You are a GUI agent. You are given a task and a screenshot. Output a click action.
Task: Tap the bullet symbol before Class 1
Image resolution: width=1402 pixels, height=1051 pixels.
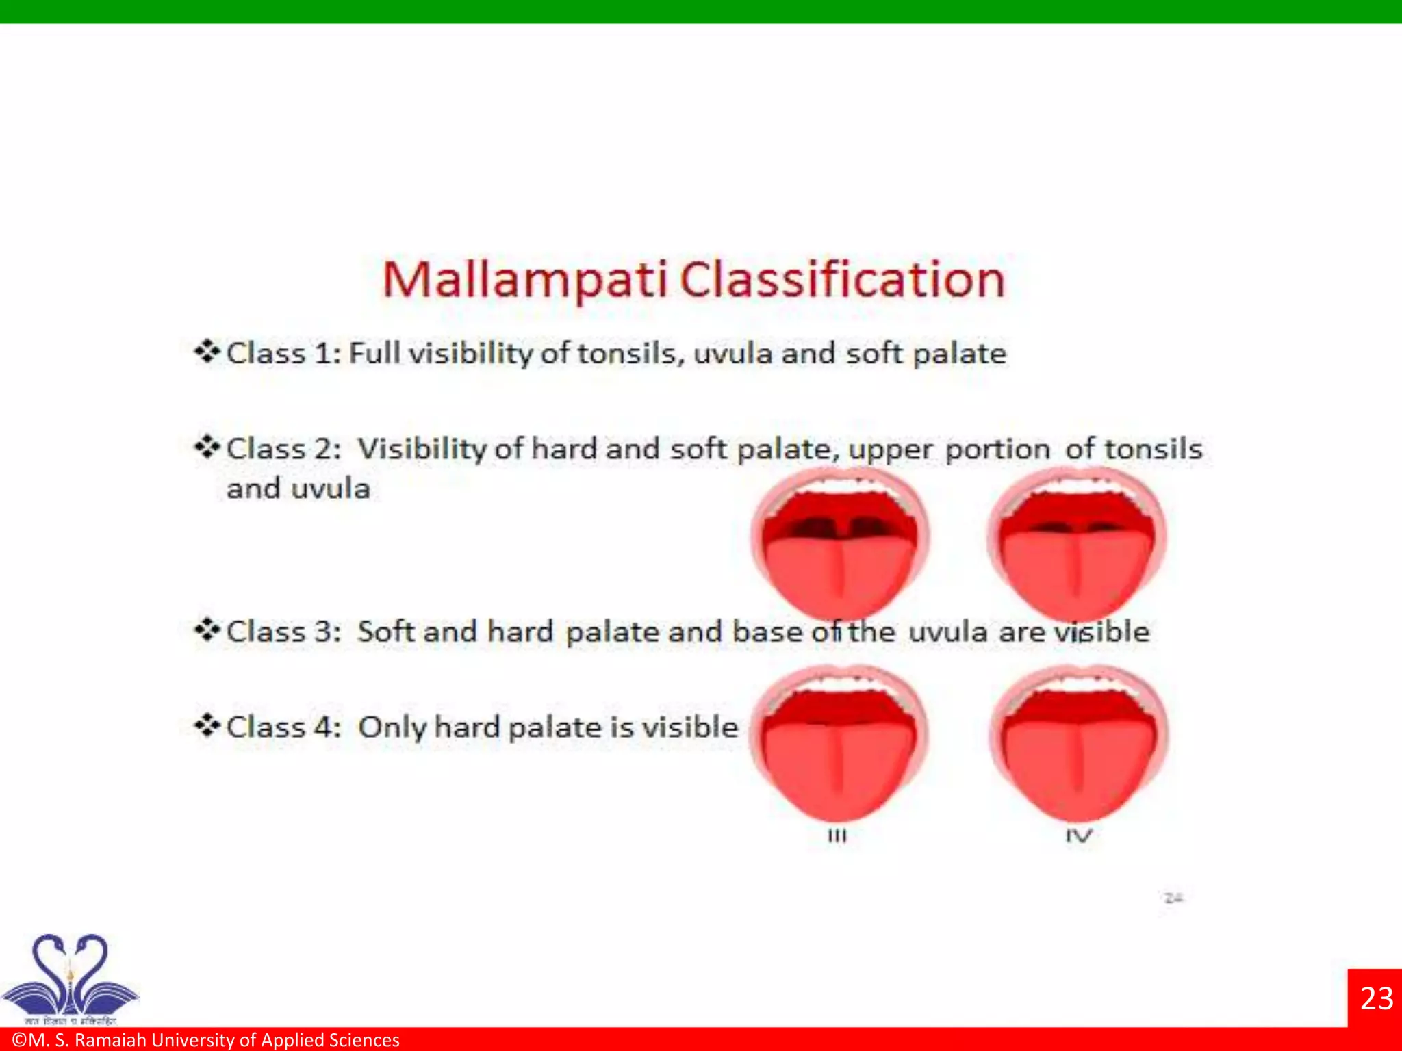click(x=206, y=352)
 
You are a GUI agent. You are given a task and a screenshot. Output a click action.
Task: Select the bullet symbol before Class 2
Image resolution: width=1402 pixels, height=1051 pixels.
click(x=206, y=448)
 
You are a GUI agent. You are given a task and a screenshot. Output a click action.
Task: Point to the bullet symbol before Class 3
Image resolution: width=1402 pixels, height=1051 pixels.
click(x=206, y=630)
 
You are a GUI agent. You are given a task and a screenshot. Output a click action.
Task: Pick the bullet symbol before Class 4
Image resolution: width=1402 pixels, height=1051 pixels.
click(x=206, y=725)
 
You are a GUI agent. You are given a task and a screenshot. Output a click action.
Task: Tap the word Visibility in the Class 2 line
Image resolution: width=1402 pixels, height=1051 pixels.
click(x=423, y=450)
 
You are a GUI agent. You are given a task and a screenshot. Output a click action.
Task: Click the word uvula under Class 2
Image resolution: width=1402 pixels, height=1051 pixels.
click(x=331, y=489)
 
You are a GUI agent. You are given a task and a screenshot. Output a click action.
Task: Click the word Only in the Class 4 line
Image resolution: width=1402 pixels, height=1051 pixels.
click(x=392, y=727)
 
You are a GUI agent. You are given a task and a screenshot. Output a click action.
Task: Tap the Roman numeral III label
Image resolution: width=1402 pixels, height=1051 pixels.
click(x=837, y=836)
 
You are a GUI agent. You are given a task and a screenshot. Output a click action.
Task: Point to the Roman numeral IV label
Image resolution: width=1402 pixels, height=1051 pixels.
click(x=1078, y=836)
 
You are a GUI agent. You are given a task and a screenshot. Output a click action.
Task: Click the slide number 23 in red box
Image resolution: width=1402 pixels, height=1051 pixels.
click(x=1376, y=998)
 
